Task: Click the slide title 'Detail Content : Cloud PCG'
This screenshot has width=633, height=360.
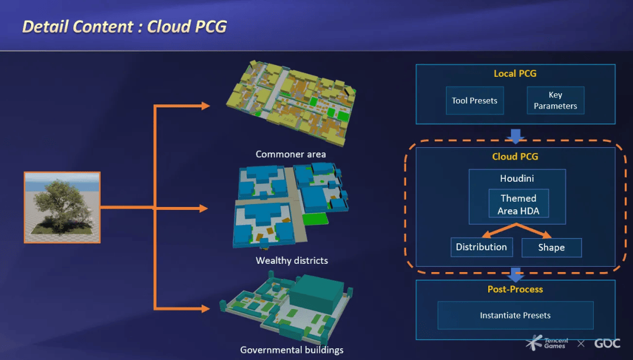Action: pos(124,26)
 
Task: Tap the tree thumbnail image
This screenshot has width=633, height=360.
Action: pos(62,207)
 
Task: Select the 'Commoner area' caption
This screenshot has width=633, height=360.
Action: pos(291,154)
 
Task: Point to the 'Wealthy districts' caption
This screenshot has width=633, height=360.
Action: pos(292,260)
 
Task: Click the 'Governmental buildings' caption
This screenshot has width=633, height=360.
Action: pos(292,350)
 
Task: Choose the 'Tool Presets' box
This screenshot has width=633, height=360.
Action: pos(475,101)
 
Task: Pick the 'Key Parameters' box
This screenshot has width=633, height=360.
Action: pos(555,100)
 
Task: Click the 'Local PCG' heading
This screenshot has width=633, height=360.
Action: pos(515,74)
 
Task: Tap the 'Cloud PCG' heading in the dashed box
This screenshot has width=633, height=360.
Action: pos(515,157)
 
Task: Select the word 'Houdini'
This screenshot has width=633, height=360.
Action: pos(517,178)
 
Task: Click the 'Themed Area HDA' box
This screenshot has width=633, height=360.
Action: pos(518,205)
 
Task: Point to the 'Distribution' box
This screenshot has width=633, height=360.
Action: pos(481,247)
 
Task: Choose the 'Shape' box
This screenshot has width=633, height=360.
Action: pos(552,247)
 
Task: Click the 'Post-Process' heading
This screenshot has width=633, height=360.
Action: pos(515,289)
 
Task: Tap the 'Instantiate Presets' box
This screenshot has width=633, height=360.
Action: pos(515,315)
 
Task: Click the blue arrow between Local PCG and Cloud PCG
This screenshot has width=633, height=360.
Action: pos(515,136)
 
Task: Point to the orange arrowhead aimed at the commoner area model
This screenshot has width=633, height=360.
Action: pos(205,106)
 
